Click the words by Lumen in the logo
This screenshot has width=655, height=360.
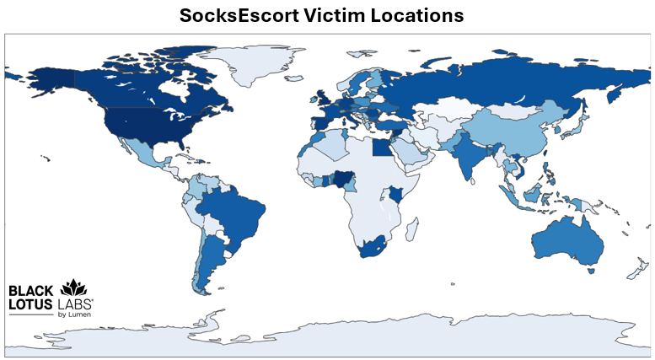click(x=74, y=314)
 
